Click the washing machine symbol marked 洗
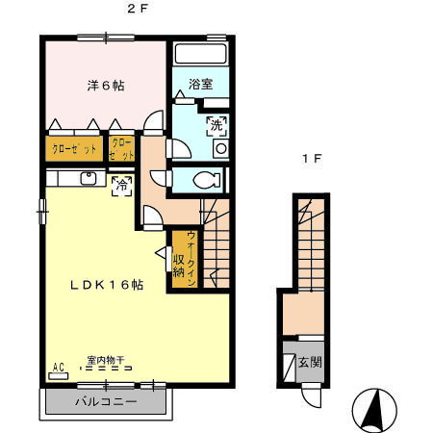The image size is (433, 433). pos(217,124)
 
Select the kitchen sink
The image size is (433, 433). pos(87,178)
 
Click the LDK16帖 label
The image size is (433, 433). pos(106,286)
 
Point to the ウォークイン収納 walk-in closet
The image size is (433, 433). pos(185,259)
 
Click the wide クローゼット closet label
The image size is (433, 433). pos(72,149)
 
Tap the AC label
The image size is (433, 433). pos(58,368)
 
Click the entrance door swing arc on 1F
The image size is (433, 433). pos(310,395)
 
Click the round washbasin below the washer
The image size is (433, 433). pos(220,150)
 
